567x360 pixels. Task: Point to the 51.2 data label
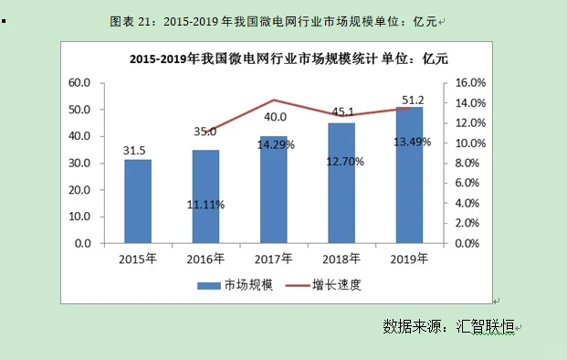pos(410,100)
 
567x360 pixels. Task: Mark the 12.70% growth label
pos(342,162)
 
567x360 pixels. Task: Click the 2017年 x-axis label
pos(274,259)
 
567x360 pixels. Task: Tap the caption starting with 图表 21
pos(273,20)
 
